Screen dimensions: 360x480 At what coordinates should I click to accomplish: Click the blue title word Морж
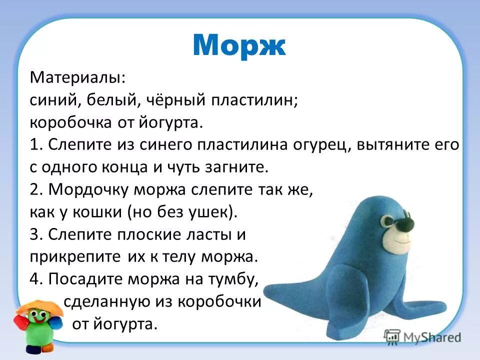pyautogui.click(x=238, y=45)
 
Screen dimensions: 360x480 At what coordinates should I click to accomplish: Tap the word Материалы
pyautogui.click(x=77, y=78)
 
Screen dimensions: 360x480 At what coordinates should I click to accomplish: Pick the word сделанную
pyautogui.click(x=104, y=302)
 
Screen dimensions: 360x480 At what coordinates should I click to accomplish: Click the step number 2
pyautogui.click(x=34, y=190)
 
